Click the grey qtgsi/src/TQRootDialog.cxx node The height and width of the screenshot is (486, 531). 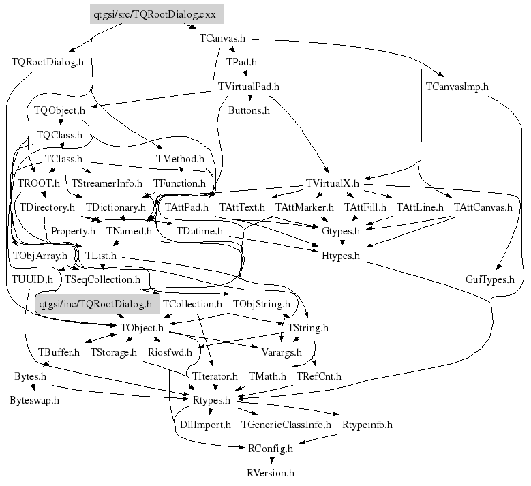156,13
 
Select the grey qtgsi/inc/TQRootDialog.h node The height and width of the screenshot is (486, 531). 95,303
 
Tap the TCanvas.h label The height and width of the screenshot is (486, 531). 223,38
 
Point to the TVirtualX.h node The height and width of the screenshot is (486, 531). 332,183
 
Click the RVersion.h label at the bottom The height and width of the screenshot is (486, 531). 271,472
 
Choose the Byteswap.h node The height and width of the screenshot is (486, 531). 34,400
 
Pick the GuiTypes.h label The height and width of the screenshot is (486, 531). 489,279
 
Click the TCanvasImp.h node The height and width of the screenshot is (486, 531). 457,87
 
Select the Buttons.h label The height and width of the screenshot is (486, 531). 249,109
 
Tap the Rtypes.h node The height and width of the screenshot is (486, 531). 213,400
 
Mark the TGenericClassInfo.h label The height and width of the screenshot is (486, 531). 286,424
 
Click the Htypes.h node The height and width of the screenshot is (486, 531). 341,255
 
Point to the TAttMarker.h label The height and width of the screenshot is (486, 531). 304,207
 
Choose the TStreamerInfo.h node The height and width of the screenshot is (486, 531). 106,183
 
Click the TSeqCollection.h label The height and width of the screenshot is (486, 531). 102,279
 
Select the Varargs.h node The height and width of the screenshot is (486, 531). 282,352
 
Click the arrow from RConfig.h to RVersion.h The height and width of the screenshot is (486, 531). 271,460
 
